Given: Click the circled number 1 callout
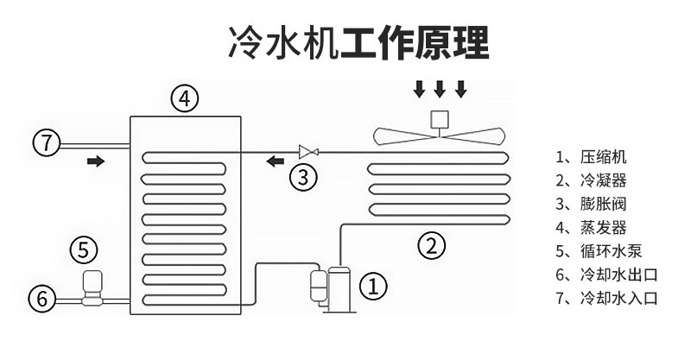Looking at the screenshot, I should (373, 287).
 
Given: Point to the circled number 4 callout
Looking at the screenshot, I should (184, 98).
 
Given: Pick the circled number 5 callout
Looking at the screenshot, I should (83, 250).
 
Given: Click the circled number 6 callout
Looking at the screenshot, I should (41, 300).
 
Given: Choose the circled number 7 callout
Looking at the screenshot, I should (48, 141).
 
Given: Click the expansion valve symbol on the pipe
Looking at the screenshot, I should (307, 150).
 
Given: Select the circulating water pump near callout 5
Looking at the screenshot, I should (89, 288).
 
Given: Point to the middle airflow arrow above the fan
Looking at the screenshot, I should (440, 89).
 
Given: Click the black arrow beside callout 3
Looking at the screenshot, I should (276, 161).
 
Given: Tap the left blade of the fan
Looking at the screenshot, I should (402, 135).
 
